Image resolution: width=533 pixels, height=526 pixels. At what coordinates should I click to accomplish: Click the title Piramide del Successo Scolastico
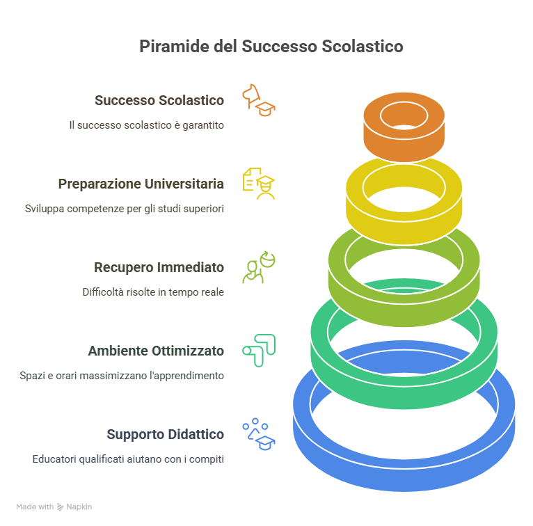click(271, 46)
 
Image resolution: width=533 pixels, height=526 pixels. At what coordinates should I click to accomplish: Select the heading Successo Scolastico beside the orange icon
click(159, 100)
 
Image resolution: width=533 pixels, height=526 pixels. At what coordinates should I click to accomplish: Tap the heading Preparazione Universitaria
click(141, 184)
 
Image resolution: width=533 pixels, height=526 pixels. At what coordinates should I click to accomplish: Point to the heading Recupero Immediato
click(159, 267)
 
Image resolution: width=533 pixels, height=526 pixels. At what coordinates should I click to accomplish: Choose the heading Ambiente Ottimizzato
click(156, 351)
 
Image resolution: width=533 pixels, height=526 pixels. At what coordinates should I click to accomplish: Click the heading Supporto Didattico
click(165, 434)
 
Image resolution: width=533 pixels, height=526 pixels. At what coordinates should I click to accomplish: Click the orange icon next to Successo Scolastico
click(259, 100)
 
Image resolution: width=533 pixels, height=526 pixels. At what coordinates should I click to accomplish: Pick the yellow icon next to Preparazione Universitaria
click(259, 184)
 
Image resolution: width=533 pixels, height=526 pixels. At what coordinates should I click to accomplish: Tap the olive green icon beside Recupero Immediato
click(259, 267)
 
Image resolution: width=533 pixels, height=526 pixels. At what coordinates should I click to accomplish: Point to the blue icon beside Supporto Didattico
click(259, 434)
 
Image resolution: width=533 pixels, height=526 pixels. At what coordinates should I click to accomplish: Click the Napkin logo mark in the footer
click(60, 507)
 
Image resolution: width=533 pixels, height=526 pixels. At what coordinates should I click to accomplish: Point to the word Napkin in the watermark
click(79, 507)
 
